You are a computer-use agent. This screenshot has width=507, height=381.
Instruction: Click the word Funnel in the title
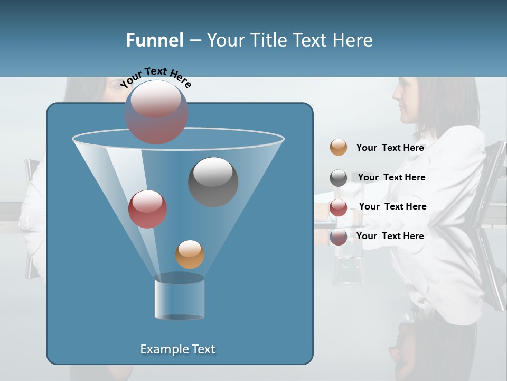155,40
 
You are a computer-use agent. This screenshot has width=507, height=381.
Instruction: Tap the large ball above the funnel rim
156,112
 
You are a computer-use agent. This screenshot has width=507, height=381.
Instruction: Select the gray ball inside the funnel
213,182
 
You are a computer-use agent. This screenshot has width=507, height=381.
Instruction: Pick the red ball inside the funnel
147,209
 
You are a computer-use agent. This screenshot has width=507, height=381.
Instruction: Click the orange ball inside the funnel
190,255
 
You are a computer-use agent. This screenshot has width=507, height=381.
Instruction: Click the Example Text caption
177,349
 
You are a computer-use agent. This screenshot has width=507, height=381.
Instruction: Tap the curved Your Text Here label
155,77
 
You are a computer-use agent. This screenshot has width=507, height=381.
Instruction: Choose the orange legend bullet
339,148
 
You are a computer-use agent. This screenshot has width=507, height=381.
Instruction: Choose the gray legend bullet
339,178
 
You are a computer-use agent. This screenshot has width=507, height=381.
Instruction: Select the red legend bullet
339,207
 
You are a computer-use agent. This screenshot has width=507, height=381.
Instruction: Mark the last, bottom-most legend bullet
339,237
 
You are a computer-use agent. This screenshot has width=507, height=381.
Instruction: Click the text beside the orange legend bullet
390,148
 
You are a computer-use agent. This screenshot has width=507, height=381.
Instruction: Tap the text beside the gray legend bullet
391,178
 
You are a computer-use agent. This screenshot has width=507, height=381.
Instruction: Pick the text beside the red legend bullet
392,207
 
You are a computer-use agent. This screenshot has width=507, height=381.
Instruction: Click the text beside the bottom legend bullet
390,236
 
